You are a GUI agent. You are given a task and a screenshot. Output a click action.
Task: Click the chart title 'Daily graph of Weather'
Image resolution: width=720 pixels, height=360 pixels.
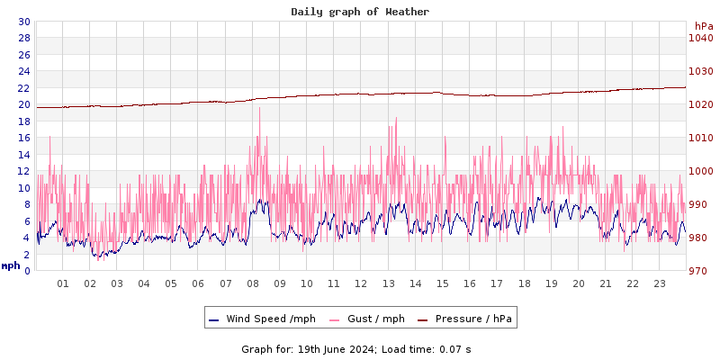click(360, 12)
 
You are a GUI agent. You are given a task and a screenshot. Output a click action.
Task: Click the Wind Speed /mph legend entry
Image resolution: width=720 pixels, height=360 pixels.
click(270, 319)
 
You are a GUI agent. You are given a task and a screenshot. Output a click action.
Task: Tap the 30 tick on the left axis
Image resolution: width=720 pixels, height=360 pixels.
click(23, 22)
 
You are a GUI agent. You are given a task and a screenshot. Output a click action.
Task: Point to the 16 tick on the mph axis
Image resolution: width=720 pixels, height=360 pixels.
click(23, 138)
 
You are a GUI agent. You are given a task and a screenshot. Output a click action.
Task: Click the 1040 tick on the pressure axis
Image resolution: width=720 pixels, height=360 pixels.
click(701, 38)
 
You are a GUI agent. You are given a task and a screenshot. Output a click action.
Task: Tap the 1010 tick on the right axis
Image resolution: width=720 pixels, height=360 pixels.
click(701, 138)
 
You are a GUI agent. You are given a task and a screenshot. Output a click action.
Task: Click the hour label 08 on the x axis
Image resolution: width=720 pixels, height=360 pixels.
click(253, 283)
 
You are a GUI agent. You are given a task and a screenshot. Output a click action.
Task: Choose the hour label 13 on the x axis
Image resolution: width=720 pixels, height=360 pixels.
click(389, 283)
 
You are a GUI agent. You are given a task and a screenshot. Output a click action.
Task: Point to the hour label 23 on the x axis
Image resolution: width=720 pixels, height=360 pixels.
click(660, 283)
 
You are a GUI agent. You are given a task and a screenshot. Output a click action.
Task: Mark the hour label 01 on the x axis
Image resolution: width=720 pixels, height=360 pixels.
click(63, 283)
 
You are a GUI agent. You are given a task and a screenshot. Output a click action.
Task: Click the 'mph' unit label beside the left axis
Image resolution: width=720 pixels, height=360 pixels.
click(10, 265)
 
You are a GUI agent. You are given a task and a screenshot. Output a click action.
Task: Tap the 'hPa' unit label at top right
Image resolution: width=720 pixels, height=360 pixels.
click(704, 26)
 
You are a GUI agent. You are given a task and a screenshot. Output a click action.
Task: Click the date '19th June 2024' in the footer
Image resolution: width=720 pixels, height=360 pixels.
click(335, 348)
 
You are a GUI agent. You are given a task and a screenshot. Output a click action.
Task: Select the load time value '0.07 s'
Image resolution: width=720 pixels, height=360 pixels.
click(455, 348)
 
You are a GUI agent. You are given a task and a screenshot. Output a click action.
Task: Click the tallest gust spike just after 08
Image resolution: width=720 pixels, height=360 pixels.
click(259, 108)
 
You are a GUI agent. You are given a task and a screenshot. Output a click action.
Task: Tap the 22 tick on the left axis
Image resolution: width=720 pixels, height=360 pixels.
click(23, 87)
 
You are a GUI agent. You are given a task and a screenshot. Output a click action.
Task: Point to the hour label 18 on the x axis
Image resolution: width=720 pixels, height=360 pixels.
click(525, 283)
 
